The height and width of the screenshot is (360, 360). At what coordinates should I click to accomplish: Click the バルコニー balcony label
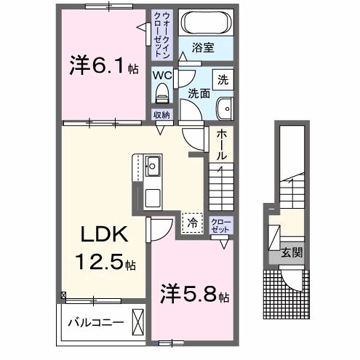(95, 321)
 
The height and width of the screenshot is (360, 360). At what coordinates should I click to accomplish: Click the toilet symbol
(162, 92)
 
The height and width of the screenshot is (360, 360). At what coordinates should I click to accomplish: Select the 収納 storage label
(161, 115)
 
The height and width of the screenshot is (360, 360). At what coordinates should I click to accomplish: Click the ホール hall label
(220, 145)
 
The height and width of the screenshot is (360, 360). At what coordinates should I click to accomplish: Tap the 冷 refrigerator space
(192, 223)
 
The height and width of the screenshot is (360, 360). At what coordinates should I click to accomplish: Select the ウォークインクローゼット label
(161, 33)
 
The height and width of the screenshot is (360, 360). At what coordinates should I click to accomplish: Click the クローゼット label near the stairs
(220, 224)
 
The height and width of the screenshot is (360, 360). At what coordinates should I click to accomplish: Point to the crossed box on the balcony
(138, 321)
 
